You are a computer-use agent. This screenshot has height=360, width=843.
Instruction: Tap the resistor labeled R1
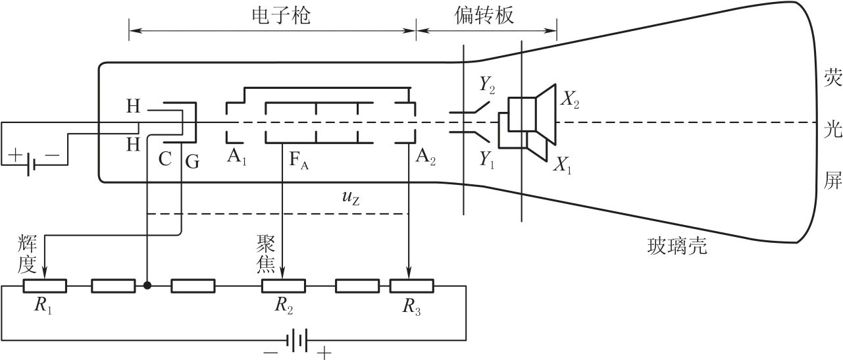pyautogui.click(x=45, y=286)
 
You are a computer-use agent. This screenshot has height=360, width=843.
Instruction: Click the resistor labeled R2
pyautogui.click(x=283, y=286)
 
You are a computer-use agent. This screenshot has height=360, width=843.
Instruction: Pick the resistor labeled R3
pyautogui.click(x=411, y=286)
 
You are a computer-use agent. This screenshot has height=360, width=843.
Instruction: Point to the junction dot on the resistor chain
pyautogui.click(x=147, y=286)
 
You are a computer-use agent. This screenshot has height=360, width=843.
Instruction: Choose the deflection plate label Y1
pyautogui.click(x=488, y=161)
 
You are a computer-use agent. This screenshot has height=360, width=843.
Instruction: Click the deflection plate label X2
pyautogui.click(x=569, y=99)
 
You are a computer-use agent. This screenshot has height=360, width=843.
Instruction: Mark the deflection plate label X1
pyautogui.click(x=562, y=167)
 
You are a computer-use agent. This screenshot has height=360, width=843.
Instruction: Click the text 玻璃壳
pyautogui.click(x=676, y=246)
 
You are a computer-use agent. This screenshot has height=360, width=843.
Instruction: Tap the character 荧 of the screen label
pyautogui.click(x=832, y=76)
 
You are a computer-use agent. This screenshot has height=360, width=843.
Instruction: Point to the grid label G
pyautogui.click(x=192, y=160)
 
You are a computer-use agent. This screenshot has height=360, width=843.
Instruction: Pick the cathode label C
pyautogui.click(x=166, y=160)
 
